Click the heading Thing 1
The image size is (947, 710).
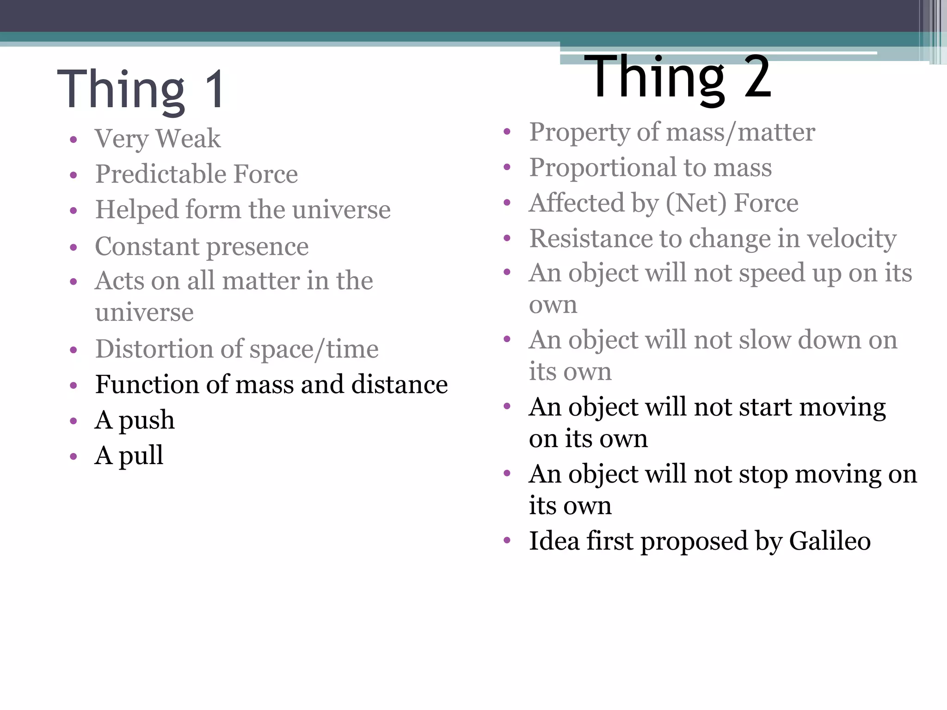[x=141, y=89]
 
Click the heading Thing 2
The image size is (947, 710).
[x=677, y=77]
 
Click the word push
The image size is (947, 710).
[x=147, y=421]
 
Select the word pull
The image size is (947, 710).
[x=141, y=456]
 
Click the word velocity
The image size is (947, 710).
[x=851, y=239]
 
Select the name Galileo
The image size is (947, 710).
[x=830, y=541]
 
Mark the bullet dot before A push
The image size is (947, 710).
[x=73, y=421]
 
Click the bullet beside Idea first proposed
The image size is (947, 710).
[x=507, y=540]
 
